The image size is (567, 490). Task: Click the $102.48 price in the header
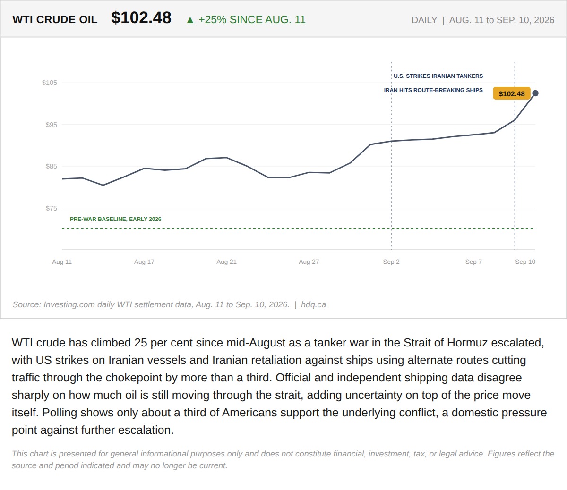pyautogui.click(x=141, y=18)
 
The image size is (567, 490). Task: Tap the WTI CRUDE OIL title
pyautogui.click(x=55, y=20)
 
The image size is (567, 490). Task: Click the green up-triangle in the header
pyautogui.click(x=190, y=20)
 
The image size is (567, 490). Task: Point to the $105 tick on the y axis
pyautogui.click(x=49, y=83)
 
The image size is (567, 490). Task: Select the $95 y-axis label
pyautogui.click(x=52, y=125)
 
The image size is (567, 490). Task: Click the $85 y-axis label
pyautogui.click(x=52, y=166)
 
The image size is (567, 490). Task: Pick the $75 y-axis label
pyautogui.click(x=52, y=208)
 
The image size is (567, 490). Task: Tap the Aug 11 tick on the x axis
pyautogui.click(x=62, y=262)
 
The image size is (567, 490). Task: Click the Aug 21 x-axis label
pyautogui.click(x=227, y=262)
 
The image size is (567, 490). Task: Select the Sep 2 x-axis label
pyautogui.click(x=391, y=262)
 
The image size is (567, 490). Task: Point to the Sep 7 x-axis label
pyautogui.click(x=473, y=262)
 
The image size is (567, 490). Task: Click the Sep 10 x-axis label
pyautogui.click(x=525, y=262)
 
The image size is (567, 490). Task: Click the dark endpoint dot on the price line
pyautogui.click(x=535, y=93)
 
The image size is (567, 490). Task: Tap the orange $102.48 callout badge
pyautogui.click(x=512, y=94)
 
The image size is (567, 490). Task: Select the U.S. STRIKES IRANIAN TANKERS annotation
pyautogui.click(x=438, y=76)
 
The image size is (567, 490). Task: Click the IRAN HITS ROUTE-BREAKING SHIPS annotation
pyautogui.click(x=433, y=90)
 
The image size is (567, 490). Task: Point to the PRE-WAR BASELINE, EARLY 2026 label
pyautogui.click(x=115, y=219)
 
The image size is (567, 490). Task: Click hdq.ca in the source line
pyautogui.click(x=313, y=304)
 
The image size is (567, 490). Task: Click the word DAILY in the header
pyautogui.click(x=424, y=20)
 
